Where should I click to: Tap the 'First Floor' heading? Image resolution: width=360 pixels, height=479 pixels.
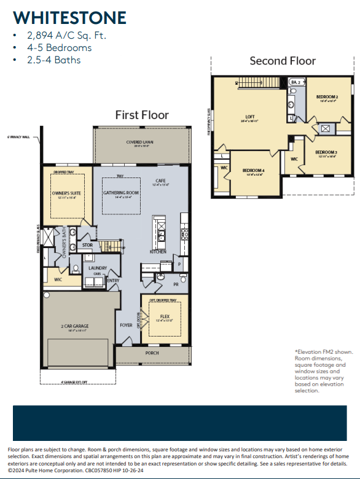click(141, 115)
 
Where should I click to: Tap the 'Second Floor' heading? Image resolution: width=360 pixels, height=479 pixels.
click(283, 60)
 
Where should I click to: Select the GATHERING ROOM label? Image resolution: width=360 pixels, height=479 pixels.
click(121, 193)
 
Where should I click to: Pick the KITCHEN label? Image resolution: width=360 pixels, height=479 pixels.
click(158, 252)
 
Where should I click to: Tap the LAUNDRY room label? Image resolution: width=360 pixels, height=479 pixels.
click(98, 268)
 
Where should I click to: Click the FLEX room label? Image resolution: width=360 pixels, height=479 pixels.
click(165, 316)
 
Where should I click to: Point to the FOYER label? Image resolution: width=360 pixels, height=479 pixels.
click(126, 325)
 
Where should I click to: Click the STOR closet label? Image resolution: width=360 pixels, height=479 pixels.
click(87, 244)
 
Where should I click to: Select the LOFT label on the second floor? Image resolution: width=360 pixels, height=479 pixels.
click(249, 117)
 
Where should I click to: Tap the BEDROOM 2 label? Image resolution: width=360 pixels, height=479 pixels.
click(327, 97)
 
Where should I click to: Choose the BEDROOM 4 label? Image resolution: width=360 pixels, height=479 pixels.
click(252, 170)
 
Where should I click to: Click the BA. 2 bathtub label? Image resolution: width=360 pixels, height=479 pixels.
click(295, 82)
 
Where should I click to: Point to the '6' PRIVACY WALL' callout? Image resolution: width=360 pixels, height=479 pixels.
click(18, 136)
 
